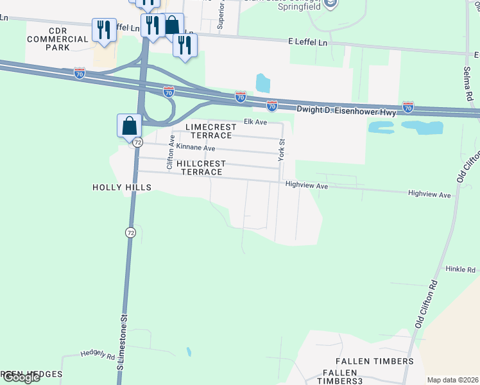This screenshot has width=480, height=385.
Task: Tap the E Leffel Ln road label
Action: click(x=307, y=42)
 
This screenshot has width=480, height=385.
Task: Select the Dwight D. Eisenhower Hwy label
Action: click(x=347, y=110)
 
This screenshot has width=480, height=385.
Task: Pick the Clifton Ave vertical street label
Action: click(x=171, y=153)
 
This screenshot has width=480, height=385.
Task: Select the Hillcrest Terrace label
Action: click(x=201, y=167)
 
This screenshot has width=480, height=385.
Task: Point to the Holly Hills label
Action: click(x=122, y=187)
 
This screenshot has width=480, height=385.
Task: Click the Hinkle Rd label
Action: click(x=461, y=270)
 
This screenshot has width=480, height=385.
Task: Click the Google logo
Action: click(x=21, y=377)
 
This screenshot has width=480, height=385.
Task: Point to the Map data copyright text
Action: click(x=452, y=380)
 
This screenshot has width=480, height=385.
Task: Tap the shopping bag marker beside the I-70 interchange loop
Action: click(x=129, y=124)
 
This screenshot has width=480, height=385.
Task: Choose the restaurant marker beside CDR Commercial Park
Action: click(x=103, y=30)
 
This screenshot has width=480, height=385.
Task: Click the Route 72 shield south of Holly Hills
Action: click(x=131, y=232)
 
